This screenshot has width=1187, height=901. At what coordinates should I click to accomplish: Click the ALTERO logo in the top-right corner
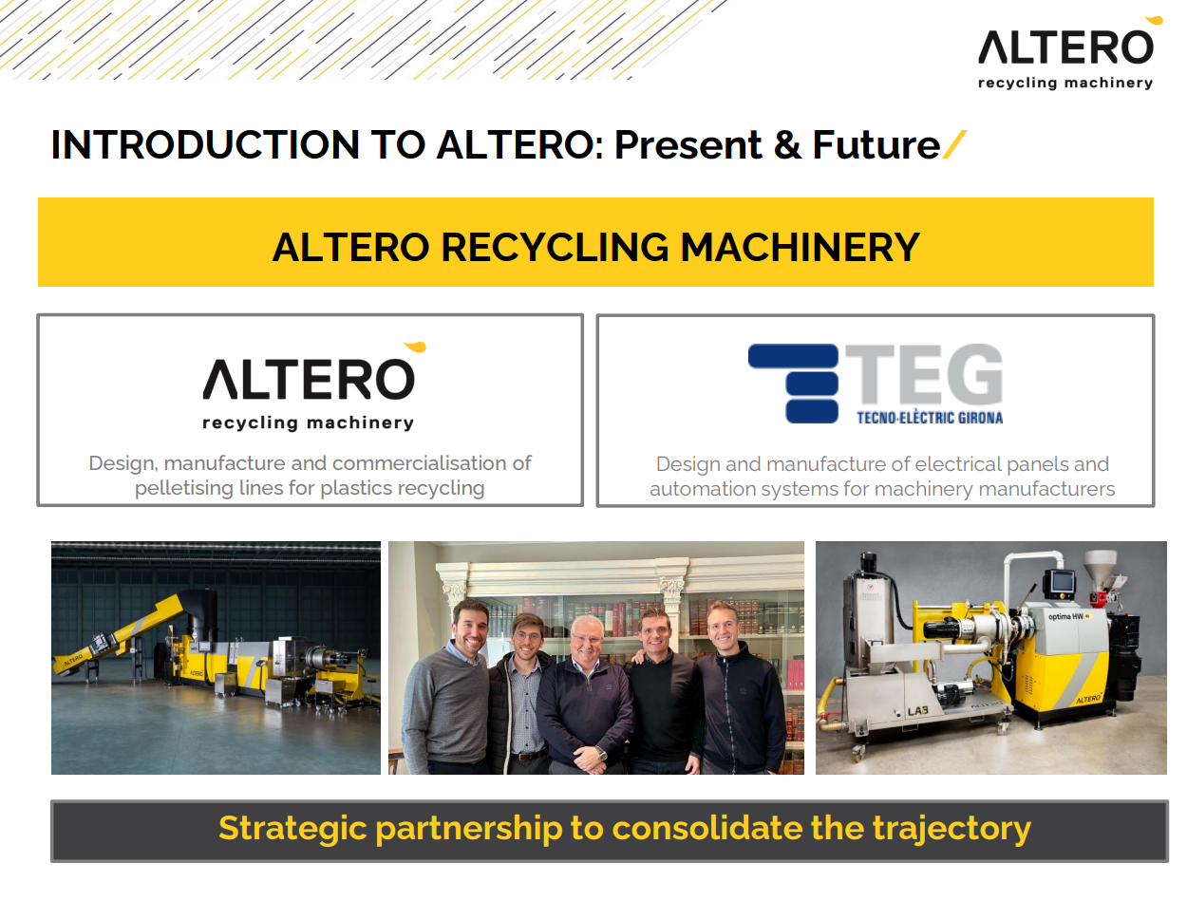click(x=1065, y=52)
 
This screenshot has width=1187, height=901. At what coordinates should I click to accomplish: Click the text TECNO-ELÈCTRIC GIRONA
click(x=923, y=415)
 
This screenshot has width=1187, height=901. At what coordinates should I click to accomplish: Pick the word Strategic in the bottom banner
click(x=291, y=823)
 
